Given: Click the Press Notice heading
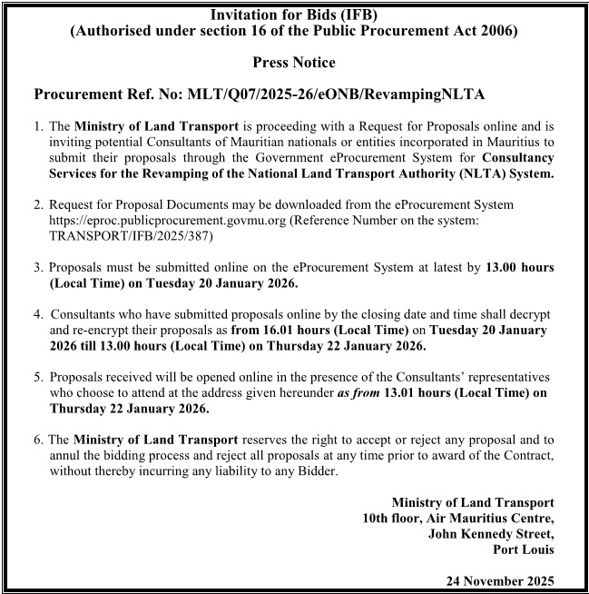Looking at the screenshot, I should pyautogui.click(x=295, y=63).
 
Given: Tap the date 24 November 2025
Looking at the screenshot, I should pyautogui.click(x=500, y=579).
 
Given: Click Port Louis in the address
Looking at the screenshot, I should pyautogui.click(x=523, y=549).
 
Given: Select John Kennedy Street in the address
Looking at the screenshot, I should pyautogui.click(x=491, y=534).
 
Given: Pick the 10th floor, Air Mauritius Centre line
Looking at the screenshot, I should pyautogui.click(x=457, y=519).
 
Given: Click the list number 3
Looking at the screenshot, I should pyautogui.click(x=38, y=267).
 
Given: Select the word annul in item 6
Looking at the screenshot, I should pyautogui.click(x=66, y=455).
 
